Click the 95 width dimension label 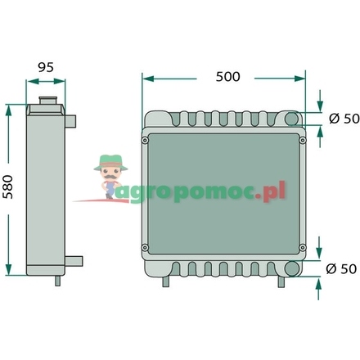click(x=46, y=67)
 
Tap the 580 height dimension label click(x=8, y=187)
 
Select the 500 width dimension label click(x=228, y=77)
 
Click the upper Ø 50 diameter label click(x=344, y=119)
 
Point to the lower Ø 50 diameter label click(x=341, y=269)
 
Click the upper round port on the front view click(x=292, y=119)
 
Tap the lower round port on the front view click(x=291, y=268)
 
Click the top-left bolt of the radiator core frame click(x=145, y=141)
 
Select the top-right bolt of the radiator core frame click(x=303, y=141)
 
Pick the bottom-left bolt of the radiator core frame click(x=145, y=248)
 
